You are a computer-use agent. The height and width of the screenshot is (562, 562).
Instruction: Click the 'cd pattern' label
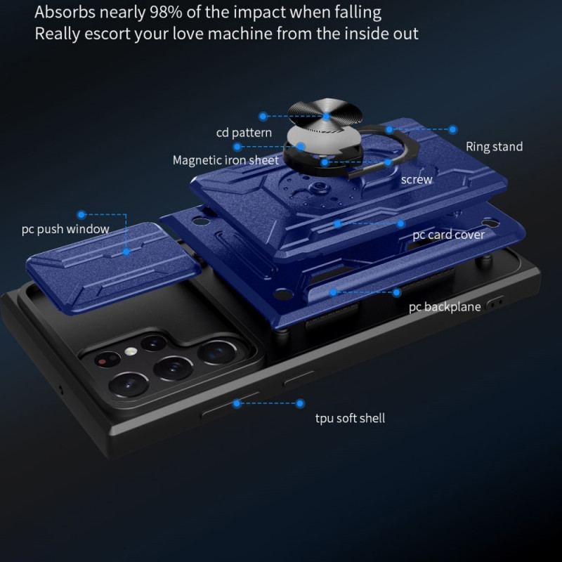244,133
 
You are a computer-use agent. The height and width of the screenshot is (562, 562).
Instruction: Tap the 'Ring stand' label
494,147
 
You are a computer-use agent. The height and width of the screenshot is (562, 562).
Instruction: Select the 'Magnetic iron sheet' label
226,160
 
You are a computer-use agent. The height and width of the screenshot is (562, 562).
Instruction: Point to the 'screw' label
417,179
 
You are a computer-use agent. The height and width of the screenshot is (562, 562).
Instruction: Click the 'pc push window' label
65,229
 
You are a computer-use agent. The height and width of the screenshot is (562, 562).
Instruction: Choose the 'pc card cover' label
448,235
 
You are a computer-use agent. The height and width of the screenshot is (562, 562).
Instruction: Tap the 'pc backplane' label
445,307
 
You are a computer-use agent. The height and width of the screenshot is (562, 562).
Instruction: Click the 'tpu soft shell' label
350,418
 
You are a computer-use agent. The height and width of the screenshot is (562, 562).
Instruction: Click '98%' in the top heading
166,13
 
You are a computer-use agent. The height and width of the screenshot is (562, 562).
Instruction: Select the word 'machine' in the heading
240,34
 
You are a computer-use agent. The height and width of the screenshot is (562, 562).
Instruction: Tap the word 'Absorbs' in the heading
65,13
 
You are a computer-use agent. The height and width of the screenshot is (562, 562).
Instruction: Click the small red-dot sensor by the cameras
103,361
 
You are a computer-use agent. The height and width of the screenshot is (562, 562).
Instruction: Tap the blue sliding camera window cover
113,268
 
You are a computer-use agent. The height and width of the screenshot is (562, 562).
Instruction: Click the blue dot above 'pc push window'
81,215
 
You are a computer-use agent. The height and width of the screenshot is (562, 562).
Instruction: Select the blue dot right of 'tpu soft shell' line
300,403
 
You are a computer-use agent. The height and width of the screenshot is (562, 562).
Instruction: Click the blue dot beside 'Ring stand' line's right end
453,129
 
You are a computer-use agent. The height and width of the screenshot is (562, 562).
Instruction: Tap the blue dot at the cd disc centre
326,116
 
